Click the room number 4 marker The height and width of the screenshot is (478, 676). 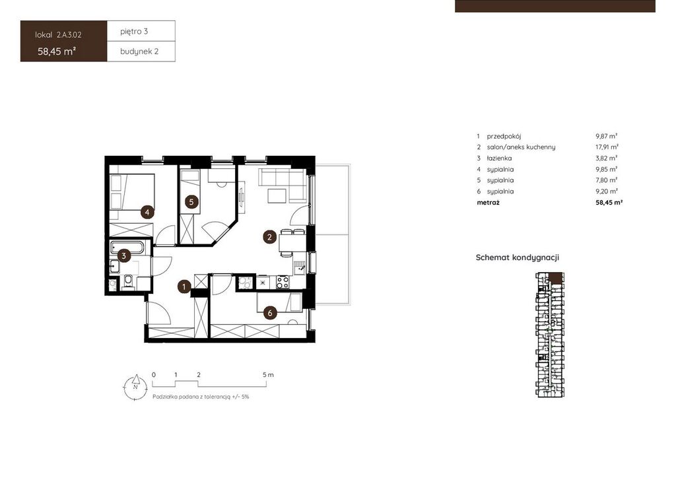147,212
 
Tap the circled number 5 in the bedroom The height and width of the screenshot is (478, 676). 192,202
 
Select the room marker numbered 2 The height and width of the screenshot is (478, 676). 270,236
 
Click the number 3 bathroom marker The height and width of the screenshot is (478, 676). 123,256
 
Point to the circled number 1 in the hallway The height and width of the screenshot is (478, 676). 185,287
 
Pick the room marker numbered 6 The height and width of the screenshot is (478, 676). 270,313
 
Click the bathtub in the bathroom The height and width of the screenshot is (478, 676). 127,248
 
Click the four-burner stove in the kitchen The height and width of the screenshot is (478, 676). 283,283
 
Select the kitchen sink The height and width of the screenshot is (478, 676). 299,268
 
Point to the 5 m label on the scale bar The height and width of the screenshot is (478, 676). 268,375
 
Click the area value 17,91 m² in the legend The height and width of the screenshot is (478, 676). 607,147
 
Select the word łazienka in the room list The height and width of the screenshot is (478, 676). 499,158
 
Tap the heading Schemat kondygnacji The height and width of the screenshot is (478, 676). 518,257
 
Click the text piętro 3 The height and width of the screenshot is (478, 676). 134,32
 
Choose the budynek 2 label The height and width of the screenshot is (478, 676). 139,51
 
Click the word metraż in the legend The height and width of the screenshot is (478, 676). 488,202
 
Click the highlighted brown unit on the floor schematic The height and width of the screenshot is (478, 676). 557,278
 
